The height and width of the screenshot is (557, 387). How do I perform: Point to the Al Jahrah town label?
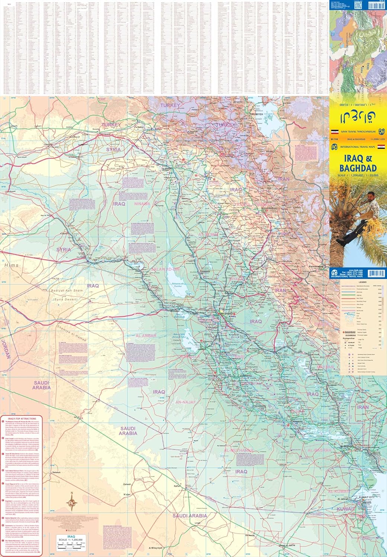click(x=343, y=499)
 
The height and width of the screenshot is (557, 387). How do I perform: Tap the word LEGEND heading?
click(x=362, y=283)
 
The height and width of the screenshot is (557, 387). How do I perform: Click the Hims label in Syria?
click(x=12, y=265)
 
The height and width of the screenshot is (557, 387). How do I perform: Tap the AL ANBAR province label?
click(x=146, y=336)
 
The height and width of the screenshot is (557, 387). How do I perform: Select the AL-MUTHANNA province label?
click(x=238, y=450)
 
